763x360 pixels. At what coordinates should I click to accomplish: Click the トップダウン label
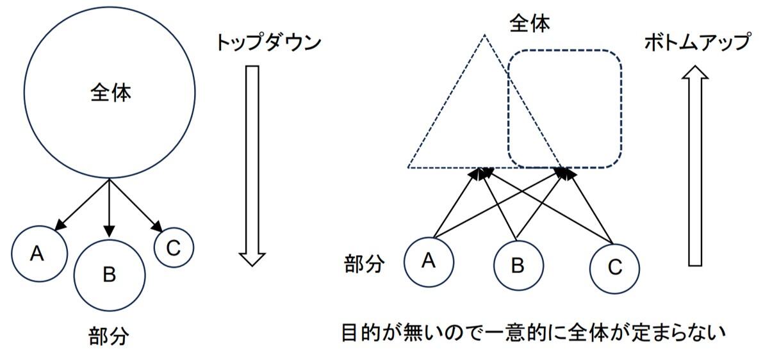tap(267, 43)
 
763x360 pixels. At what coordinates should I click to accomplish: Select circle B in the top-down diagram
tap(109, 275)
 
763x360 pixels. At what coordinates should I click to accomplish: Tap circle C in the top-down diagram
tap(174, 248)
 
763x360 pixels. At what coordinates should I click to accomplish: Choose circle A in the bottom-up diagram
tap(429, 261)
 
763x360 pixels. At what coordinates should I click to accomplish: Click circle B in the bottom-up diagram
tap(518, 265)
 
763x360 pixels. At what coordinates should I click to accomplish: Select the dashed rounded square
tap(564, 111)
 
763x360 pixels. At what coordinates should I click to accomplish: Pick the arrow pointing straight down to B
tap(109, 208)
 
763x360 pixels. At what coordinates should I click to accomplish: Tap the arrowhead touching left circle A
tap(60, 225)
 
